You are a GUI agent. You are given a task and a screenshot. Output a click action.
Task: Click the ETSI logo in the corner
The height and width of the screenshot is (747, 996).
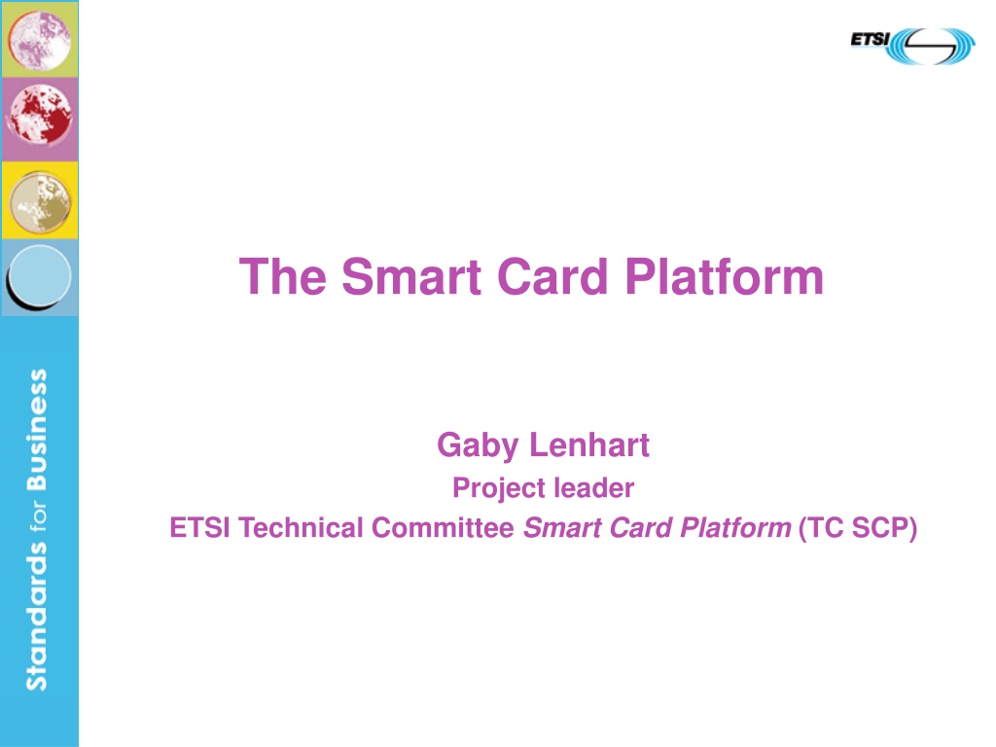[912, 46]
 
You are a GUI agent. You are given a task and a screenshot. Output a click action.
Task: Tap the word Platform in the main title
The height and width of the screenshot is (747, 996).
[724, 276]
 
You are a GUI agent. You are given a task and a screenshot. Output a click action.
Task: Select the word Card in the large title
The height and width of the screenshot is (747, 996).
[552, 276]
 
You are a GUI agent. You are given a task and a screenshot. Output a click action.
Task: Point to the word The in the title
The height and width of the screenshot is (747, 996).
[283, 276]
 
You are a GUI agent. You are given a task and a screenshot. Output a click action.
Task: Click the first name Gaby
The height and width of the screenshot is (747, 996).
[477, 445]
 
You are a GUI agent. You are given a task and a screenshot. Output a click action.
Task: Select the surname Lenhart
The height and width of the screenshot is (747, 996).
[588, 445]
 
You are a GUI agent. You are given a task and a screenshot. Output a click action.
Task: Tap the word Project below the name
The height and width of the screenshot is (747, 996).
[498, 489]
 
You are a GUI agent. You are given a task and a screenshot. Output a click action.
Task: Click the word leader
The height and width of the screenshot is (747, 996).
[593, 488]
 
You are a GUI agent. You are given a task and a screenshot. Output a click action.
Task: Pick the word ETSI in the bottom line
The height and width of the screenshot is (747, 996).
[199, 528]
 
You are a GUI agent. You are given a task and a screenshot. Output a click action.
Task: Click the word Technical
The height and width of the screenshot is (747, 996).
[301, 528]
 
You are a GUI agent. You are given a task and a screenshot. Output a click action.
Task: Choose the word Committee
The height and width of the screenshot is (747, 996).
[443, 528]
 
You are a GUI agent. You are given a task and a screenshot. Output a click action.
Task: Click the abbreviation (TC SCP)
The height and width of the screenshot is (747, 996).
[858, 528]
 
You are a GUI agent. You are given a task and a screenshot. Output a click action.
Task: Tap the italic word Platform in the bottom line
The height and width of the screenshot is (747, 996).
[735, 528]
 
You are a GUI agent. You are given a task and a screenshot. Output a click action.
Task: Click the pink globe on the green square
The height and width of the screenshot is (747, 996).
[39, 39]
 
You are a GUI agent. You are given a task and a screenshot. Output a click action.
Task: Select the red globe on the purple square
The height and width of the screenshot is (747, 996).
[39, 115]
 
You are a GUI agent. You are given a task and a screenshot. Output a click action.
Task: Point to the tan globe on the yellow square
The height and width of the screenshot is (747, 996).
[40, 203]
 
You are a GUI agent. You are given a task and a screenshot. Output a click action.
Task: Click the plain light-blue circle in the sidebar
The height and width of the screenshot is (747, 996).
[39, 276]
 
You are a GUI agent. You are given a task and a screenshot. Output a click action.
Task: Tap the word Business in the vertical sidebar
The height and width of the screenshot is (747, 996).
[37, 429]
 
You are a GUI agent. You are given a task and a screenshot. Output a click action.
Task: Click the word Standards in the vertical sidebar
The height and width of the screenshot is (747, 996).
[37, 617]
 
